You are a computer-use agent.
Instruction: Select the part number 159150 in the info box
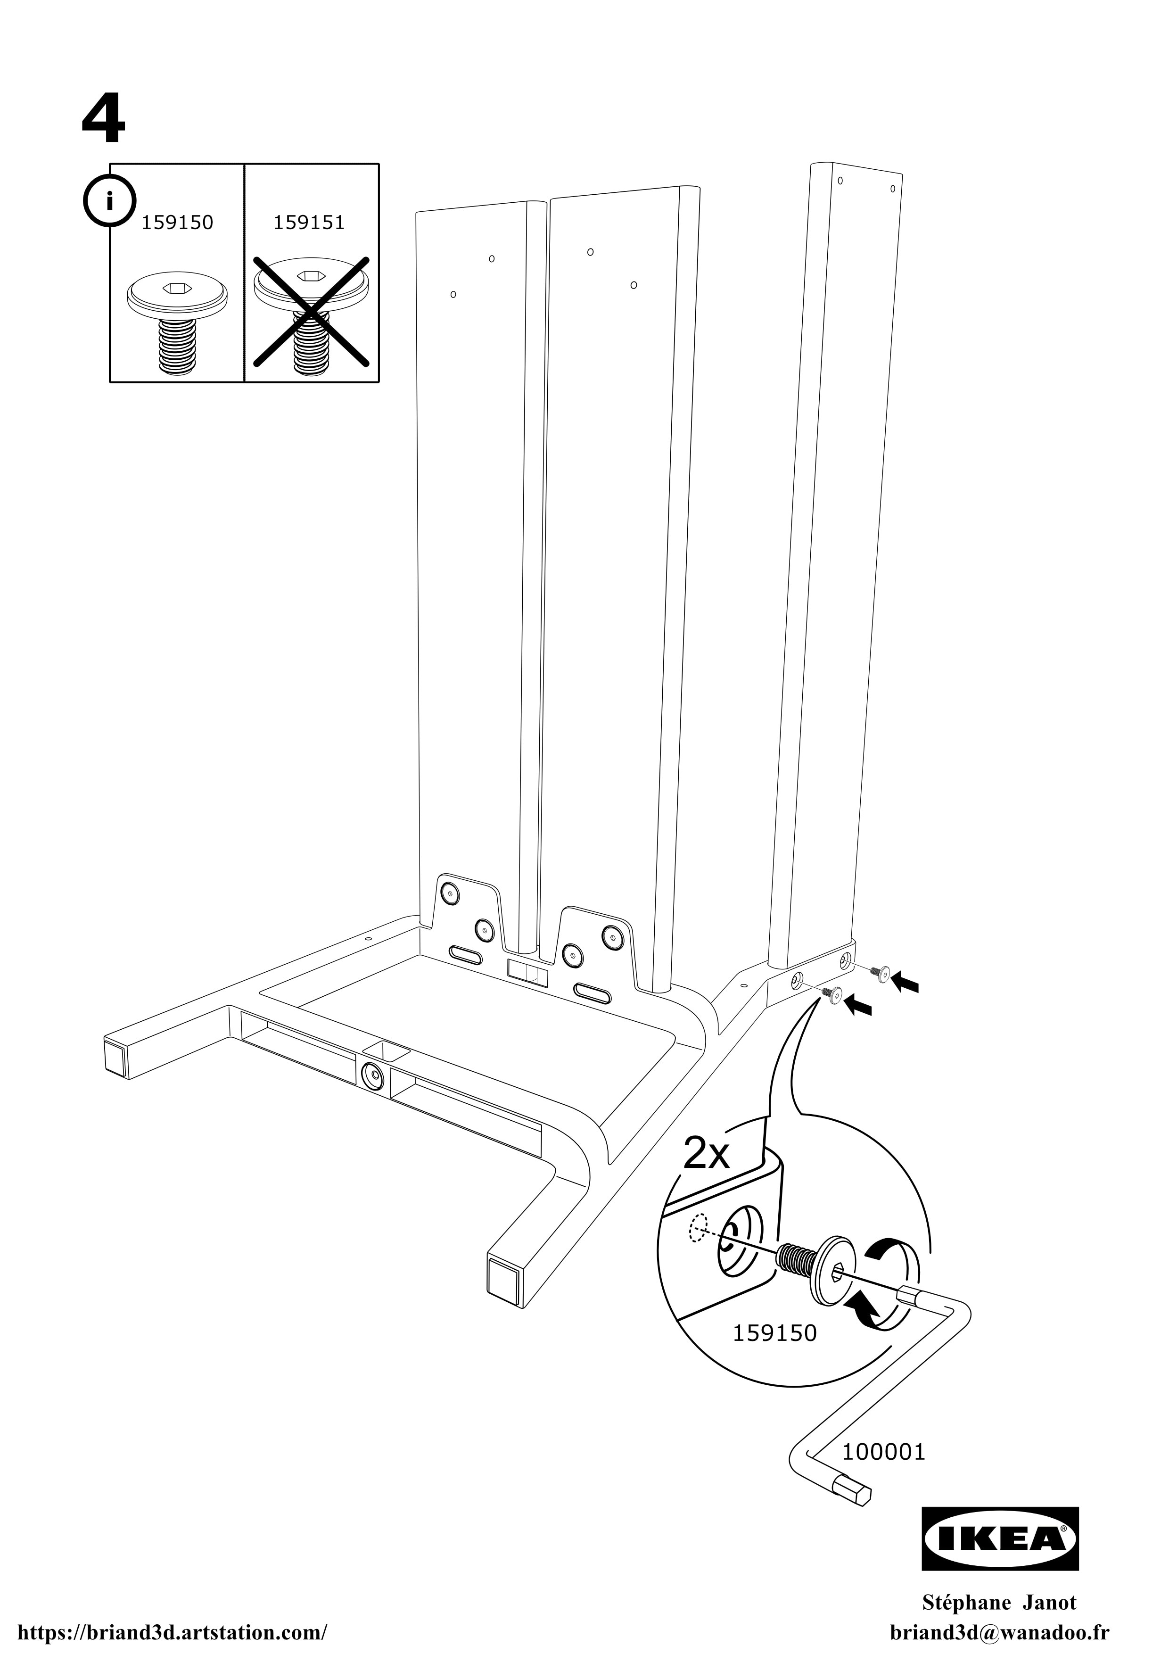pos(177,223)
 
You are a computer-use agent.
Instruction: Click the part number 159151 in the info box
pos(309,223)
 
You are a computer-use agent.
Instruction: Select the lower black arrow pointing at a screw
pos(858,1005)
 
